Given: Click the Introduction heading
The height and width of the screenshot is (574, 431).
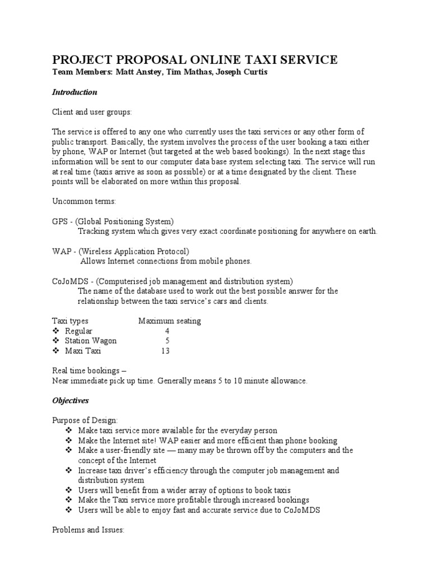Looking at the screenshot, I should [x=75, y=92].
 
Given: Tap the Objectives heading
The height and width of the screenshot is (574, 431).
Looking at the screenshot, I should [x=71, y=401].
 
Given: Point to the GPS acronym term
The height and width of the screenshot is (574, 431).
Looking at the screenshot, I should [x=60, y=221].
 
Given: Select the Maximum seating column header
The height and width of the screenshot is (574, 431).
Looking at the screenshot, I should [x=169, y=321].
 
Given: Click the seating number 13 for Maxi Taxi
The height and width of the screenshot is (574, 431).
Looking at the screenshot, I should [x=165, y=351].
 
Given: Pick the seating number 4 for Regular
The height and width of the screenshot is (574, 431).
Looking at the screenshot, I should [x=167, y=331].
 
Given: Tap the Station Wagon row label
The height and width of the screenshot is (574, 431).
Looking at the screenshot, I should [x=91, y=341].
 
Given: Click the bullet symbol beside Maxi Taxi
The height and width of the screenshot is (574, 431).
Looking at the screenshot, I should [x=56, y=351].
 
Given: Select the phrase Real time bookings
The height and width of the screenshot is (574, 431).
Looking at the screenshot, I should [x=86, y=371].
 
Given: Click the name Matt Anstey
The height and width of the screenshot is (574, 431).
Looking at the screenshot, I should [x=136, y=73].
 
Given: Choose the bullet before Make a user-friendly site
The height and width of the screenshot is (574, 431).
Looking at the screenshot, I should [x=69, y=450].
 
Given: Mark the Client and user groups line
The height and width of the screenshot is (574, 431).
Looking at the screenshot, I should [x=92, y=112].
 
